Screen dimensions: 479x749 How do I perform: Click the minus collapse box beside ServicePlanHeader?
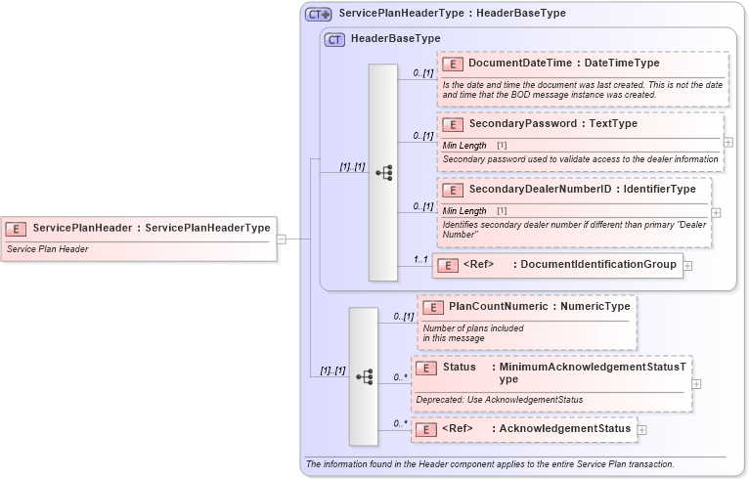[281, 238]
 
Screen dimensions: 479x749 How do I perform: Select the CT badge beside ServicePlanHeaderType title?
[318, 14]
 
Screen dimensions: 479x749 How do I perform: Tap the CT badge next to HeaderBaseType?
[334, 39]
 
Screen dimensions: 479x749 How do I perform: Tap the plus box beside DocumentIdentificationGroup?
[687, 265]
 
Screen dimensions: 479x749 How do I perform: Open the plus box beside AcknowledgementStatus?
[642, 429]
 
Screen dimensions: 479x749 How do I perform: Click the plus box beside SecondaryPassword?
[728, 142]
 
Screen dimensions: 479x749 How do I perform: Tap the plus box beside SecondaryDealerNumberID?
[717, 212]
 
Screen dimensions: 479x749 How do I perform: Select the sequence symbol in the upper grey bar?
[383, 172]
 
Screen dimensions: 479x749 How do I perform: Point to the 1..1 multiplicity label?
[420, 259]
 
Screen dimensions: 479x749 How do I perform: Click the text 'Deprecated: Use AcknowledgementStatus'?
[499, 399]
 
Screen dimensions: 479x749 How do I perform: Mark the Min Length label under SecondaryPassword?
[464, 145]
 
